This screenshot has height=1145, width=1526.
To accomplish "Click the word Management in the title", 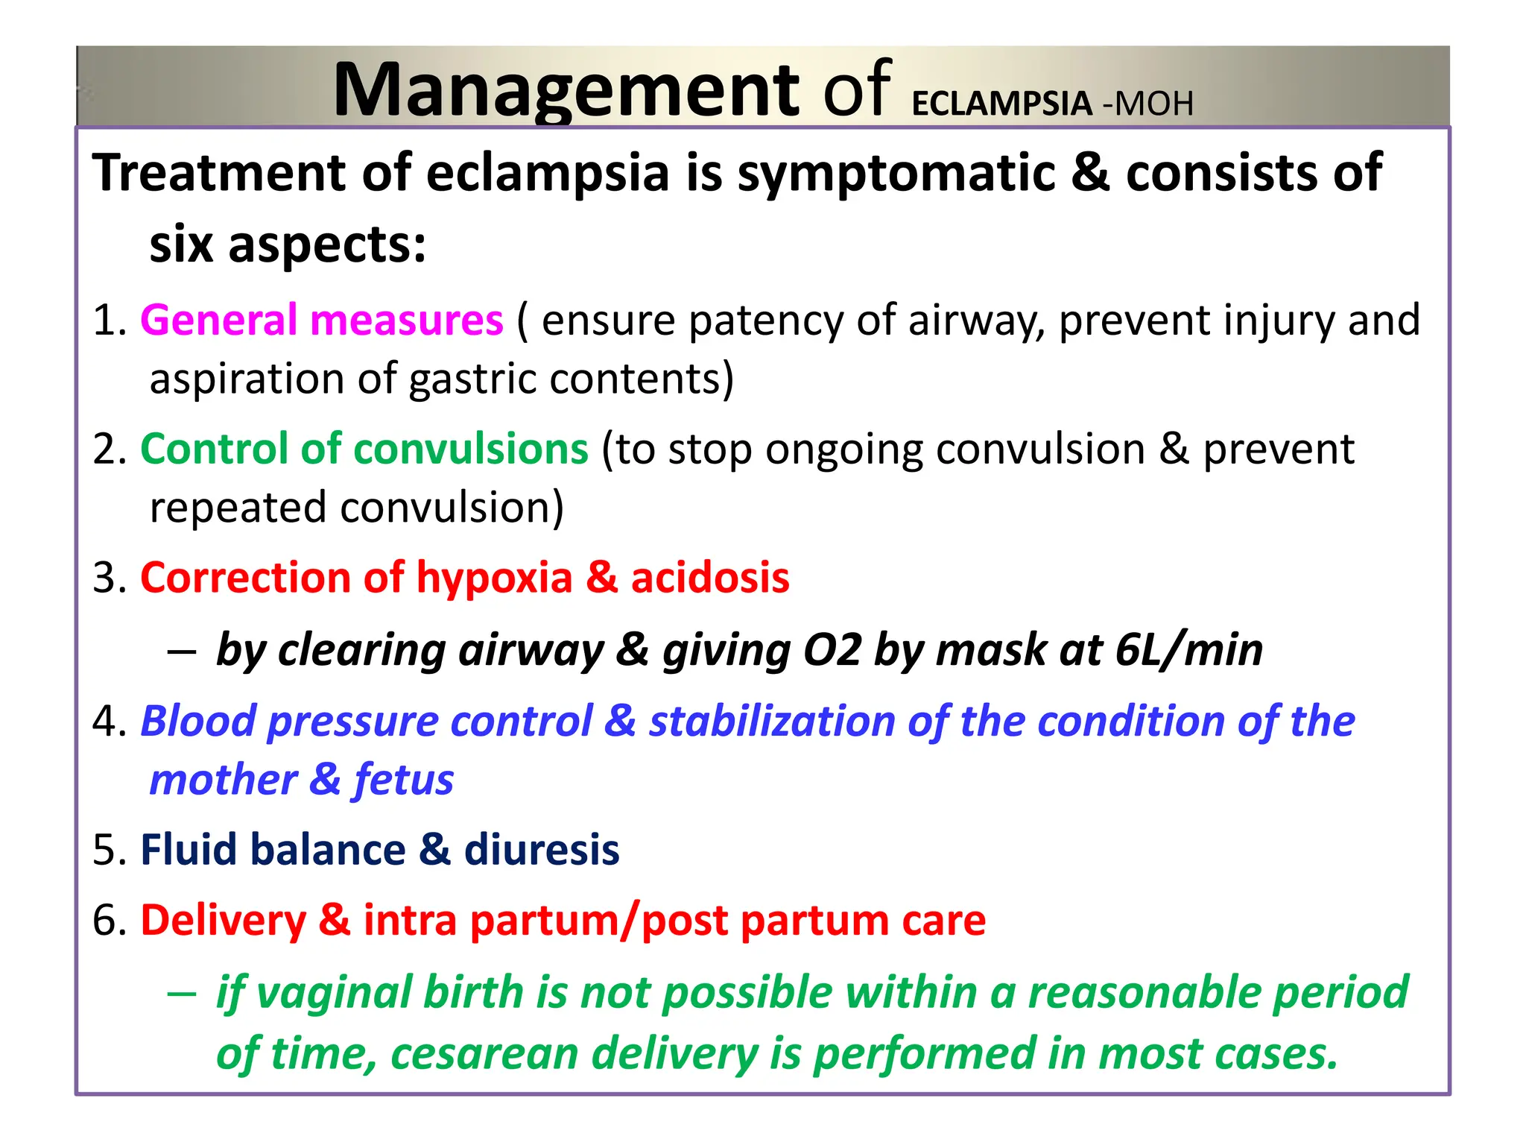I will pos(566,91).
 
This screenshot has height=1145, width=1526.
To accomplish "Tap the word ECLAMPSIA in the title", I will pos(1001,104).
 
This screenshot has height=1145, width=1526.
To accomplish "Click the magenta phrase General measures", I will pos(322,321).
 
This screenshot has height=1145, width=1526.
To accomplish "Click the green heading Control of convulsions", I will pos(364,450).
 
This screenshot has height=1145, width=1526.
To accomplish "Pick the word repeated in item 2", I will pos(239,508).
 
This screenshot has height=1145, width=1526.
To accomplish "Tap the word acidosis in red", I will pos(710,578).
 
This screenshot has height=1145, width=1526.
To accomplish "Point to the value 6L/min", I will pos(1188,650).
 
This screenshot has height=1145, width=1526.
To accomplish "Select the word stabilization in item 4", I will pos(771,722).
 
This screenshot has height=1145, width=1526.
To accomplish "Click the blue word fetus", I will pos(403,780).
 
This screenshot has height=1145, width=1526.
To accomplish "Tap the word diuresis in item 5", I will pos(542,850).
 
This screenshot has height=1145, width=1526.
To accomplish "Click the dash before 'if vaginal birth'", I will pos(182,994).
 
